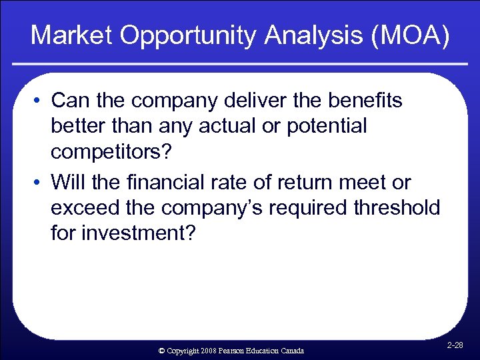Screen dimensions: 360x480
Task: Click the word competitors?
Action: (x=111, y=151)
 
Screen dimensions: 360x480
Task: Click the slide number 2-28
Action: (x=455, y=345)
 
